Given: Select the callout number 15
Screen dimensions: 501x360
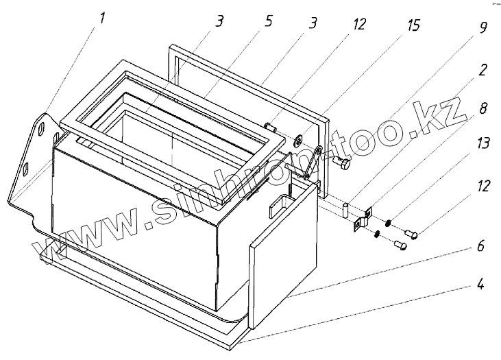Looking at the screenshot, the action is [x=415, y=28].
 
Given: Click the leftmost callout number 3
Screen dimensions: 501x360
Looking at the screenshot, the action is [x=219, y=21].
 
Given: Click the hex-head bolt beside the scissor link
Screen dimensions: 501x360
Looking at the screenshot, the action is [x=342, y=165].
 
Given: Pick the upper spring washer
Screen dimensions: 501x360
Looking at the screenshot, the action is [x=387, y=221].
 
